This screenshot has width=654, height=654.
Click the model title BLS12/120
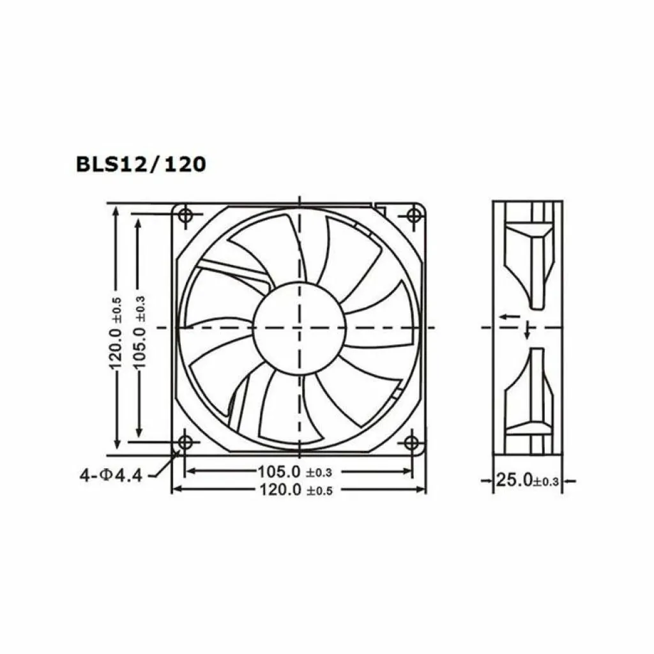141,165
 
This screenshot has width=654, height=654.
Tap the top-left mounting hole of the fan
185,215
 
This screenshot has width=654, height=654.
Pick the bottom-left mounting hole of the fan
185,441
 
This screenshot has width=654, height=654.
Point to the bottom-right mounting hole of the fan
412,441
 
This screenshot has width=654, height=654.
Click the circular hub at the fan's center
299,328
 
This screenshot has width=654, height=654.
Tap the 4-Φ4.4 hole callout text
110,475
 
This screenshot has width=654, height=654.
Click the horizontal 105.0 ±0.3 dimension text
295,472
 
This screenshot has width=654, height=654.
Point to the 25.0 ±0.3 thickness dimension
528,480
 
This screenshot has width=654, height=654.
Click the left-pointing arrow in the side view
509,316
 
